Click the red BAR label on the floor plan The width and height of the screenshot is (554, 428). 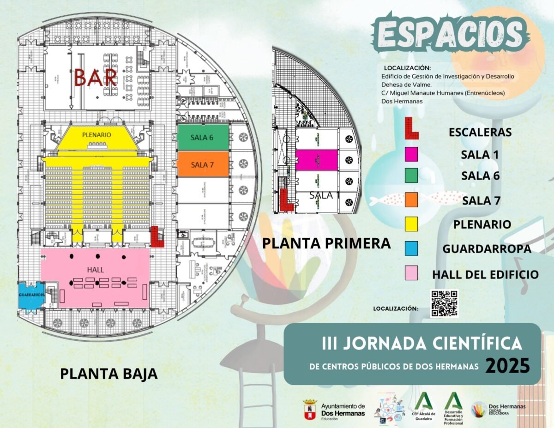point(96,78)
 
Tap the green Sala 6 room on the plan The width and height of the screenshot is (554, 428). point(203,138)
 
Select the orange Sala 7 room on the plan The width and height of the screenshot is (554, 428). point(203,164)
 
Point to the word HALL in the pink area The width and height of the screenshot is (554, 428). point(95,270)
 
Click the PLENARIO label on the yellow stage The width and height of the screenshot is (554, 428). point(96,135)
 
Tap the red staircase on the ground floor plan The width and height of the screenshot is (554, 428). point(157,237)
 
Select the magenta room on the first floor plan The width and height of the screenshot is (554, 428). point(316,159)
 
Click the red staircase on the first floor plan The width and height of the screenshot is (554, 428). point(286,200)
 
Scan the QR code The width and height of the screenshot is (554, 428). point(444,303)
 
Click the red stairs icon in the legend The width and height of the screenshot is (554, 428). point(411,129)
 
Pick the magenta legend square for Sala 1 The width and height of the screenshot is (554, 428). point(411,154)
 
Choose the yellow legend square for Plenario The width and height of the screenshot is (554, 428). point(411,224)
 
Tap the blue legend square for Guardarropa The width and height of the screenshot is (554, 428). point(411,248)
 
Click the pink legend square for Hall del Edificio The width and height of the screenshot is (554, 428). point(411,273)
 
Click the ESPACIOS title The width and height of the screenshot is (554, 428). point(449,33)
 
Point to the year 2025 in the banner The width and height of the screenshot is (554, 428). point(507,366)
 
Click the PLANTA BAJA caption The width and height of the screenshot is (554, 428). point(109,374)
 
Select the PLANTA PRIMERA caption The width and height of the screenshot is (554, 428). point(326,243)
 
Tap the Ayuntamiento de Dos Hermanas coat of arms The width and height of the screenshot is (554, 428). point(309,410)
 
